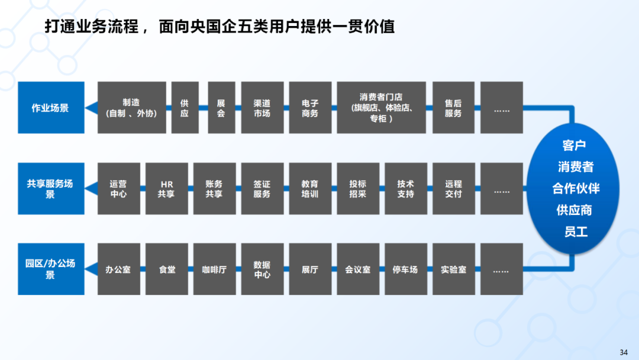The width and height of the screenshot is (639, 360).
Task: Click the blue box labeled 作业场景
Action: pos(51,107)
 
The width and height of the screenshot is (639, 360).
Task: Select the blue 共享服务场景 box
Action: pos(51,188)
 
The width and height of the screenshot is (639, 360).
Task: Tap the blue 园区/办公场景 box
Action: pos(51,269)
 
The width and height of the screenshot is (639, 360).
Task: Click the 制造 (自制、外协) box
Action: pos(131,107)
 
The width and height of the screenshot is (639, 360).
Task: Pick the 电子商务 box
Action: pos(310,107)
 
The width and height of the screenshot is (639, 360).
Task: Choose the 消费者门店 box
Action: pos(381,107)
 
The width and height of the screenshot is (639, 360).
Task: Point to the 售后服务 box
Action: pos(453,107)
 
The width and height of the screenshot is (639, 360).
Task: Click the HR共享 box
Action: pos(166,188)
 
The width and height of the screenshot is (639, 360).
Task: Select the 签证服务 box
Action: pos(262,188)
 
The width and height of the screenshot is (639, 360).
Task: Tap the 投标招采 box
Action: pos(358,188)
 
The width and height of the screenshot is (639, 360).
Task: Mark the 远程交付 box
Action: pos(453,188)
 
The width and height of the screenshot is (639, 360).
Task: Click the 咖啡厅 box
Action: pos(214,269)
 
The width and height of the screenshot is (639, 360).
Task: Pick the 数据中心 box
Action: pos(262,269)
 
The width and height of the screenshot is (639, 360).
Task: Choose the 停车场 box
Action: pos(405,269)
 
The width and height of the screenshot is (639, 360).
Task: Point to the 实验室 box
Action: pos(453,269)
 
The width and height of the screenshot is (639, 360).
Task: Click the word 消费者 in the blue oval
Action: pos(575,167)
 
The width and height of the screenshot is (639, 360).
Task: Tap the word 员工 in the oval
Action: pos(575,232)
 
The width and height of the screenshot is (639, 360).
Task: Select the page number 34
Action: pos(624,352)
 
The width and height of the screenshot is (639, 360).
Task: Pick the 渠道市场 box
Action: pos(262,107)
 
